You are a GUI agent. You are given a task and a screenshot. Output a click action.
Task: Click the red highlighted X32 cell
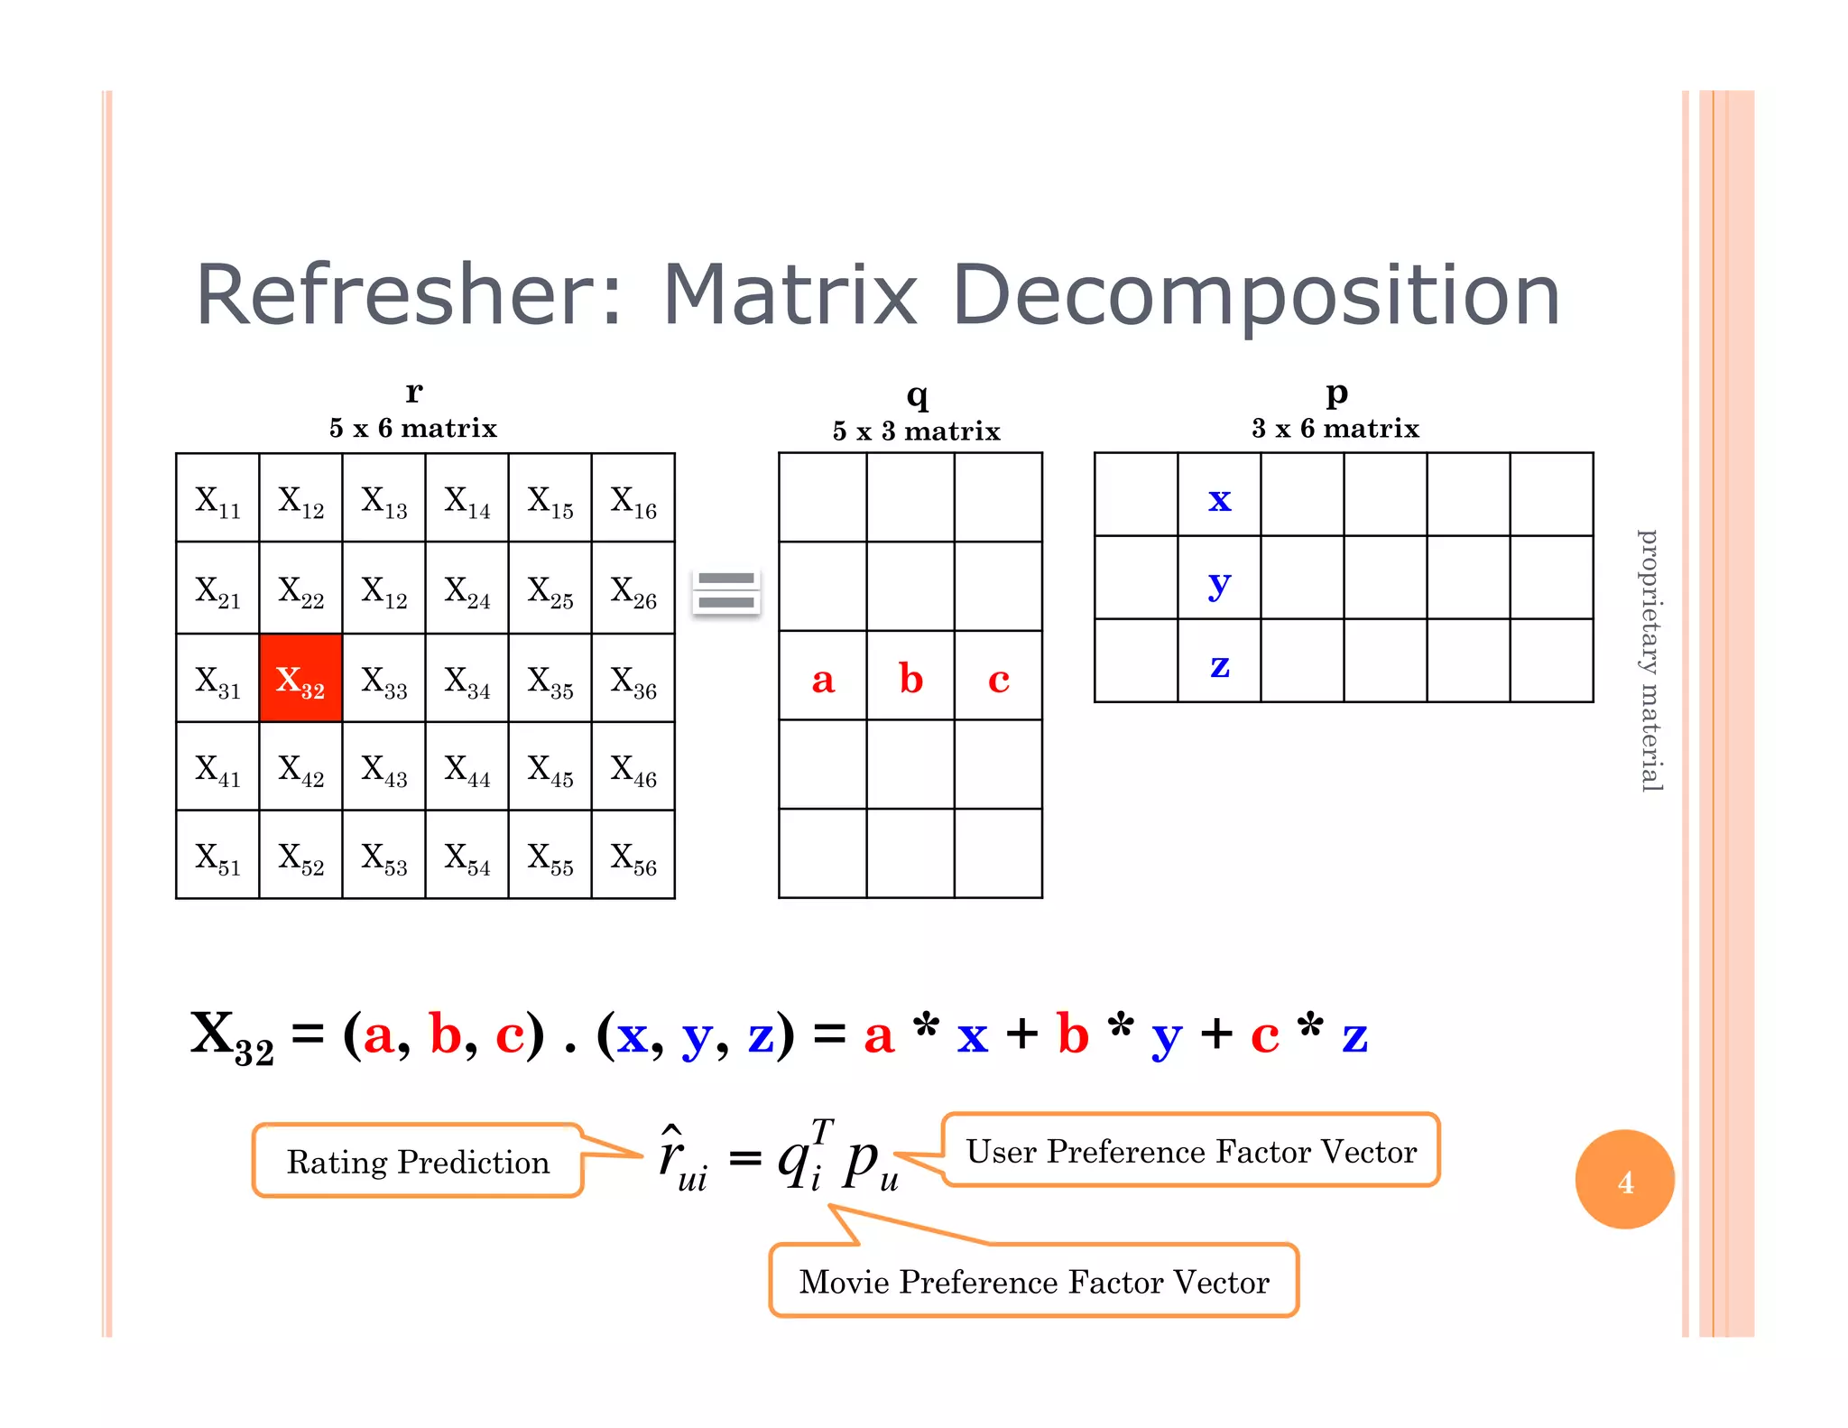point(300,679)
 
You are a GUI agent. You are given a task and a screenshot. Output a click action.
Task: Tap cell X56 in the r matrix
point(633,857)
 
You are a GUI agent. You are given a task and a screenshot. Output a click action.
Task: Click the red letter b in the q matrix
point(910,679)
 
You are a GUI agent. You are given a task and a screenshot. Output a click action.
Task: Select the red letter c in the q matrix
point(998,679)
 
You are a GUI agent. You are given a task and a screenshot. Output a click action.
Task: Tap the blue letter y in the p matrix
point(1219,583)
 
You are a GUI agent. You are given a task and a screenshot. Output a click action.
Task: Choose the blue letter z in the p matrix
point(1219,666)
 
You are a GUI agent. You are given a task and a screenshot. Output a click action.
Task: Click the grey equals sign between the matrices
point(726,591)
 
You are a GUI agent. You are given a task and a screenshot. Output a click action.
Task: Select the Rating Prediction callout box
point(418,1161)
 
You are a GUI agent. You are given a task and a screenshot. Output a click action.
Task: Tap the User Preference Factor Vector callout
point(1191,1151)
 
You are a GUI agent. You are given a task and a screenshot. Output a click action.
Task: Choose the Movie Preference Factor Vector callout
point(1034,1281)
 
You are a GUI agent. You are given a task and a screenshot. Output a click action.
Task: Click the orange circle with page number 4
point(1624,1180)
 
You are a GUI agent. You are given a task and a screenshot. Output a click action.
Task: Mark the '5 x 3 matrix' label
point(916,431)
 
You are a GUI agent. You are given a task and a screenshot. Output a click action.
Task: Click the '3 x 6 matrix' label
point(1335,428)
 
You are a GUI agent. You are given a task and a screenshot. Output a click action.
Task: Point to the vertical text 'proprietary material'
point(1649,661)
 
